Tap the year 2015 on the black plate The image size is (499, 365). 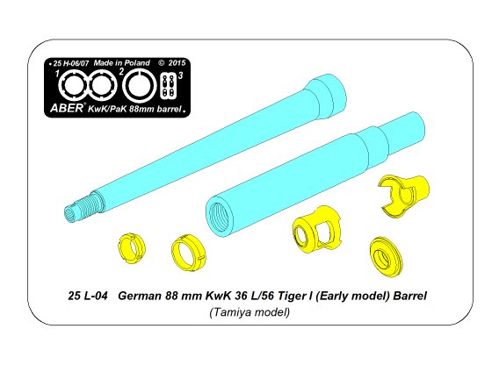click(176, 63)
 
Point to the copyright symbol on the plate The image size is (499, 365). click(161, 63)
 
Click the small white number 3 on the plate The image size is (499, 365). click(179, 76)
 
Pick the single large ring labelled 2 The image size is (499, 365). click(137, 88)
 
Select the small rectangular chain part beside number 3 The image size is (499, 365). click(167, 88)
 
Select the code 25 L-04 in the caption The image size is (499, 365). click(86, 297)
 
